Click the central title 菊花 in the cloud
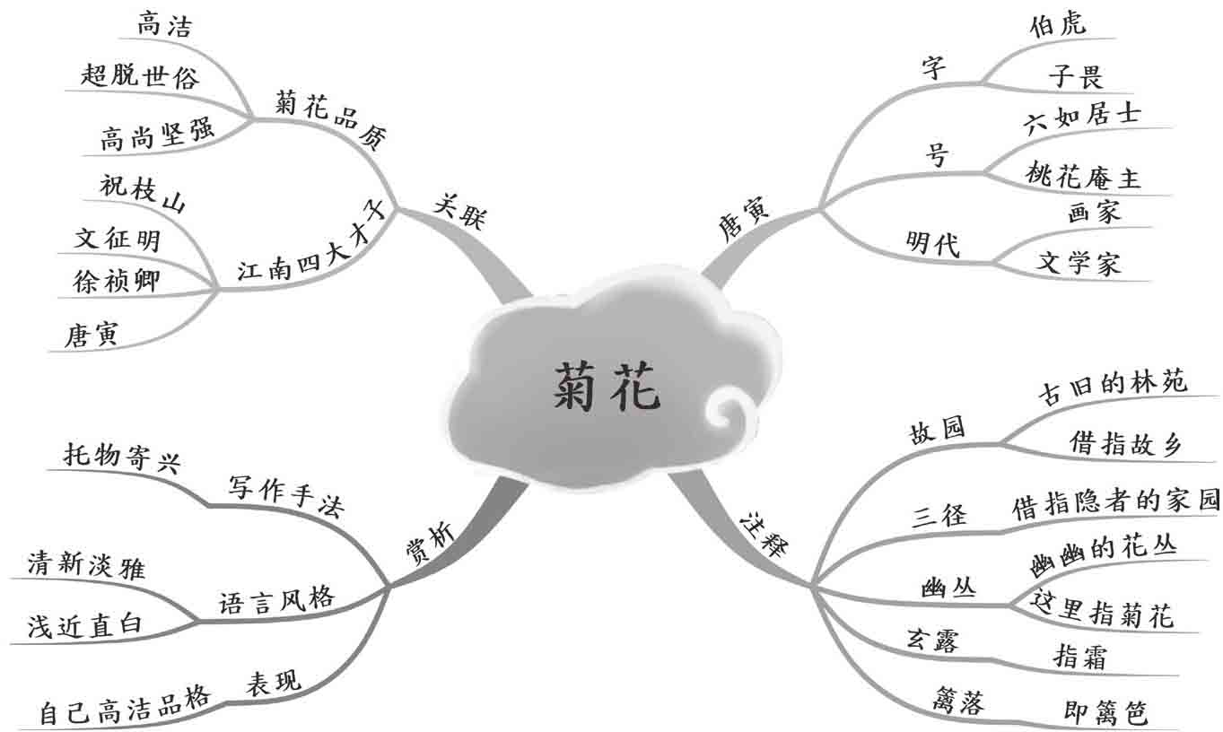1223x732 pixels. click(x=606, y=388)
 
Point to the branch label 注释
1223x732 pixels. click(x=762, y=535)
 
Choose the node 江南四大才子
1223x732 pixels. click(x=310, y=242)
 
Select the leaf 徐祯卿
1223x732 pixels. click(x=118, y=281)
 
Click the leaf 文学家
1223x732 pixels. click(x=1079, y=263)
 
